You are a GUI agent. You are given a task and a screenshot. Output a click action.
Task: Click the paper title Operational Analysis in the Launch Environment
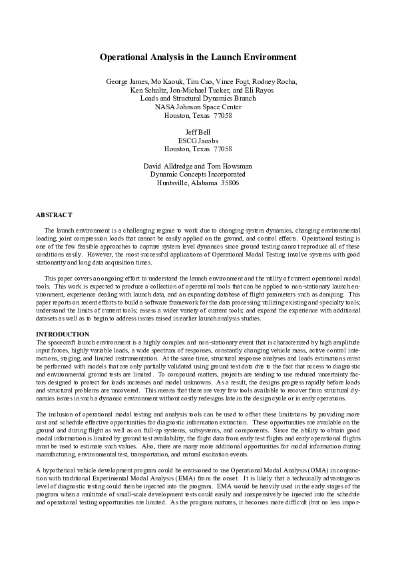point(198,58)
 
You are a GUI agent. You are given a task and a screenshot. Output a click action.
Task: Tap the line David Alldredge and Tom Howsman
point(198,166)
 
